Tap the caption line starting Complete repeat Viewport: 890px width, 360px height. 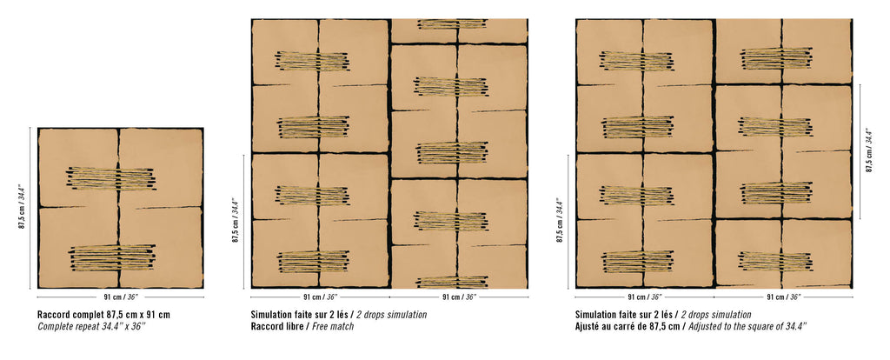click(91, 326)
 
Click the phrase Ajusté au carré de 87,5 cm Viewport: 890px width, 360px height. click(628, 326)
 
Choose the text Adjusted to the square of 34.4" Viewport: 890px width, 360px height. click(747, 326)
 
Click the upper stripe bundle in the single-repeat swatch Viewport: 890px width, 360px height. click(111, 178)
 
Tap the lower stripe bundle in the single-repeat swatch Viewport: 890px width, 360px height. click(112, 257)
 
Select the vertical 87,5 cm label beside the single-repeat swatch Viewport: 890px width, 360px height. click(23, 207)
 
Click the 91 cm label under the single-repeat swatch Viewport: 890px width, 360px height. click(121, 297)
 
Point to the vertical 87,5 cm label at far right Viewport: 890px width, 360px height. click(869, 150)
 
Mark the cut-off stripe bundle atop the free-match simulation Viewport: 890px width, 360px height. click(452, 23)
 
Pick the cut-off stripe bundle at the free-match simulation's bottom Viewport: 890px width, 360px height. click(452, 282)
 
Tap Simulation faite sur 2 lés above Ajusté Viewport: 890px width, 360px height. click(623, 315)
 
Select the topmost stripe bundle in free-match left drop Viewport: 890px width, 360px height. click(313, 61)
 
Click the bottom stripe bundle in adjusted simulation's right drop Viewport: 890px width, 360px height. click(776, 261)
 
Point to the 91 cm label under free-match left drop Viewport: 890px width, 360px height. click(320, 297)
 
